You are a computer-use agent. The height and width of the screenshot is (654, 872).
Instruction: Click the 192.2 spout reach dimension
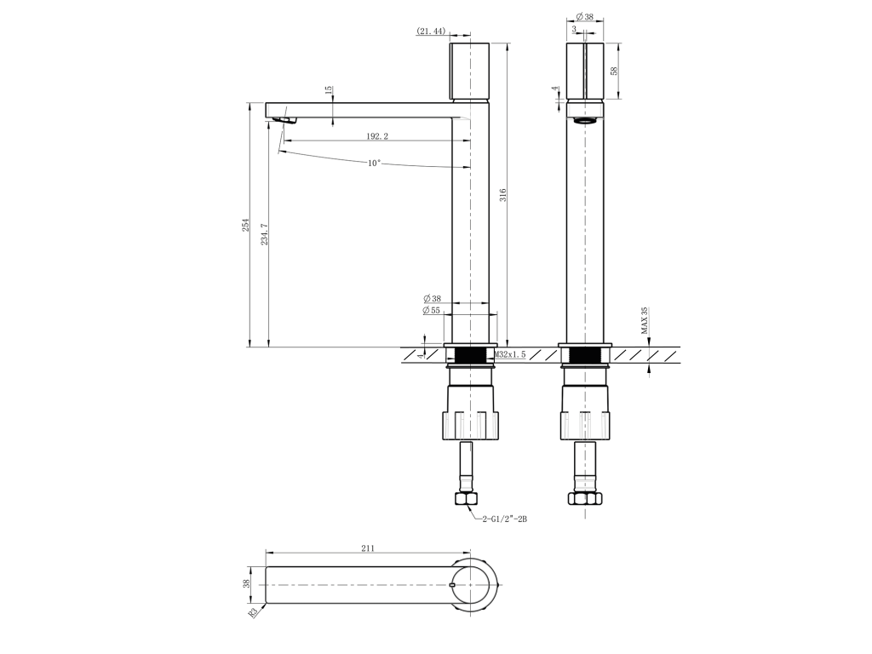[377, 135]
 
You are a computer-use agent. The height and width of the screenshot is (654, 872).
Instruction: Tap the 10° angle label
[375, 163]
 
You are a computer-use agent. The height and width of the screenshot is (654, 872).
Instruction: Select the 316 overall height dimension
[503, 195]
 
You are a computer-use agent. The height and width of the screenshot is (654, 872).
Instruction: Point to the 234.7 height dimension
[265, 234]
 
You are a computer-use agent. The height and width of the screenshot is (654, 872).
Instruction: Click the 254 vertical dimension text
[246, 225]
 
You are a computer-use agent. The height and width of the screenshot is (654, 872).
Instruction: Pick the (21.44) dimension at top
[431, 32]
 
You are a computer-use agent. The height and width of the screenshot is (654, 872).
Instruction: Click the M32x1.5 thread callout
[510, 354]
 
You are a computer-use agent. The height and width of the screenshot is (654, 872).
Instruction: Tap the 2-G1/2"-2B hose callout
[504, 519]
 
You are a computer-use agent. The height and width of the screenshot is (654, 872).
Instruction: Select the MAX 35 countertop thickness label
[645, 321]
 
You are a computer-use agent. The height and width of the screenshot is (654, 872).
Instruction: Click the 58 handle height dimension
[614, 72]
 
